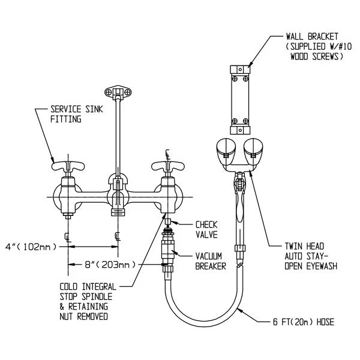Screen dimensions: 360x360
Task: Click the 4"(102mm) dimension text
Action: pos(29,246)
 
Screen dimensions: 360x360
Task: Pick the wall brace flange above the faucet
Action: pos(117,92)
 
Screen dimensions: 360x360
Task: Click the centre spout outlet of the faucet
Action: pos(117,210)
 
